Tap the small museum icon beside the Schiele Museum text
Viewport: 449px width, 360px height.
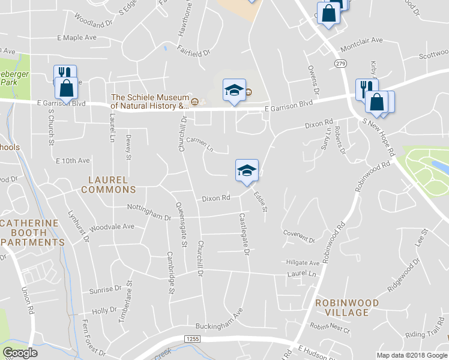coord(194,101)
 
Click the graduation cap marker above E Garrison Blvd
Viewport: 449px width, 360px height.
coord(234,90)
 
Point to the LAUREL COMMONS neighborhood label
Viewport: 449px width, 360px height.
coord(108,184)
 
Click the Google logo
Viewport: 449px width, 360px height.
coord(20,353)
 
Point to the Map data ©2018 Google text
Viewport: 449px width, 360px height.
coord(411,355)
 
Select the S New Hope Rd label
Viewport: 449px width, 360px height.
coord(378,136)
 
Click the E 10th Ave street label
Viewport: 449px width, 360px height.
coord(73,161)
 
